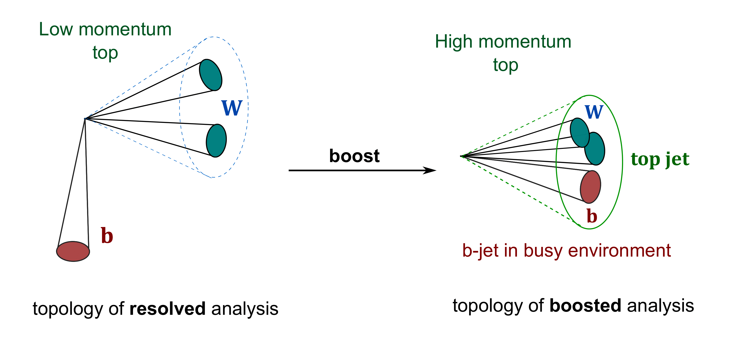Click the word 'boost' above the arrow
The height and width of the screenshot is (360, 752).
coord(354,156)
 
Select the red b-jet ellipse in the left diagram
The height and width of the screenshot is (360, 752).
coord(73,251)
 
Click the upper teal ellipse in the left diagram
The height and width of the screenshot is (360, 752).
coord(210,75)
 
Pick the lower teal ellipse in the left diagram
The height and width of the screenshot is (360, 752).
coord(216,141)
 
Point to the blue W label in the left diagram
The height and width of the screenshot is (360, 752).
coord(232,108)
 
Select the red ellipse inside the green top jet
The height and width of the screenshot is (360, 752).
coord(590,187)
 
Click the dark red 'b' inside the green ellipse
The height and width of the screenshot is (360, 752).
coord(592,216)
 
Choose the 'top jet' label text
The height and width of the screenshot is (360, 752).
coord(660,159)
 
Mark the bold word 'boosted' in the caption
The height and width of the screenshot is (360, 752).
coord(585,306)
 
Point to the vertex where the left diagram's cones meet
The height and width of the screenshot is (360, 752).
coord(85,119)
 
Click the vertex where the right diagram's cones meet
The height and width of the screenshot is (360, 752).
coord(461,156)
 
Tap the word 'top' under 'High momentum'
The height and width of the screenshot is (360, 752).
coord(505,65)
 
